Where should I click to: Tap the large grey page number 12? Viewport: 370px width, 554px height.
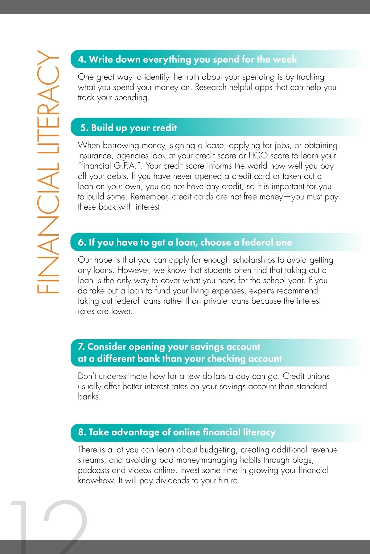[x=49, y=525]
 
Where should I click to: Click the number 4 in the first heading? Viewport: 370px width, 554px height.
[x=81, y=59]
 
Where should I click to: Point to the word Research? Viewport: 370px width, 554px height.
[x=211, y=87]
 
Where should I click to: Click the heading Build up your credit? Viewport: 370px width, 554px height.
[x=134, y=127]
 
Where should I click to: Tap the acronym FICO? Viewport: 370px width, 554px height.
[x=258, y=156]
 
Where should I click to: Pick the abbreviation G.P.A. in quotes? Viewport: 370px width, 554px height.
[x=125, y=166]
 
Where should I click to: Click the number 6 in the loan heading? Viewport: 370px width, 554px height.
[x=81, y=242]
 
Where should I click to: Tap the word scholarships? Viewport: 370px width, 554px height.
[x=253, y=260]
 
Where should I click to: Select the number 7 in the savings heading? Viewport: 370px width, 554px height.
[x=81, y=347]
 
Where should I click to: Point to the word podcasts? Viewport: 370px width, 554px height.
[x=93, y=470]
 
